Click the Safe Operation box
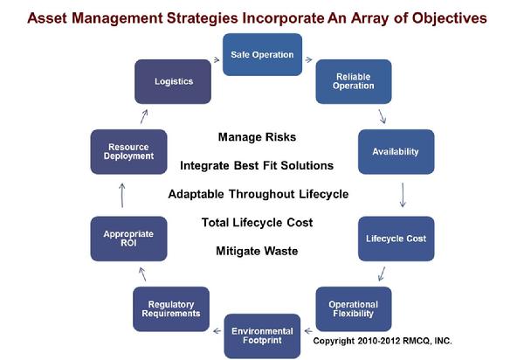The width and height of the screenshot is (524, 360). (262, 54)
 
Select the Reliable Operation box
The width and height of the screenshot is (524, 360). (354, 81)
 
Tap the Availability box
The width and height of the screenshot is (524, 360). (396, 152)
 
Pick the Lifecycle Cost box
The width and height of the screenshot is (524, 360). (396, 239)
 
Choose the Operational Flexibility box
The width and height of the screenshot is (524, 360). (354, 308)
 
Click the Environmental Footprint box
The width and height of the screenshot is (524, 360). (262, 336)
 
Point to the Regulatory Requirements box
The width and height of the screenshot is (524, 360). (171, 308)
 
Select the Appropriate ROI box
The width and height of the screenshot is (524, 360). (128, 239)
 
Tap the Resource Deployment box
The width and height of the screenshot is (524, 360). (128, 152)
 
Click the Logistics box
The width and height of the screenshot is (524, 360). (173, 81)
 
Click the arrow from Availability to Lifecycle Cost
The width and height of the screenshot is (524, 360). (403, 195)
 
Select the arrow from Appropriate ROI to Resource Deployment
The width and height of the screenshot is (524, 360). (122, 195)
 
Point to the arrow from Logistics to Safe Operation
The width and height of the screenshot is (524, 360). (217, 59)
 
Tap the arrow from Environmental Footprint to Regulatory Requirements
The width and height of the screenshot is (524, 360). (217, 331)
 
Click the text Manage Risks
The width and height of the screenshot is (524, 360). (257, 137)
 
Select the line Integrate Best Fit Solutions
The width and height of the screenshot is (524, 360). (257, 165)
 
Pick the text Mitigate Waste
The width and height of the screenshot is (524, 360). (257, 251)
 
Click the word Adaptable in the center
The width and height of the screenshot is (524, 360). (196, 194)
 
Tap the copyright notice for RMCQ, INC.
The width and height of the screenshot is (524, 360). (383, 341)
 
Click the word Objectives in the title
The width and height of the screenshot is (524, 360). (449, 18)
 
